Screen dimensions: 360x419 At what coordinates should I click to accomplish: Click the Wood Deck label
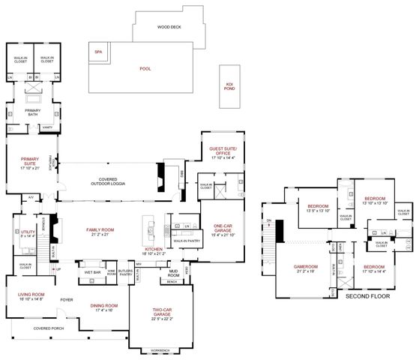pyautogui.click(x=169, y=27)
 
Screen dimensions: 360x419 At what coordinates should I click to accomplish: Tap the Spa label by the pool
pyautogui.click(x=97, y=52)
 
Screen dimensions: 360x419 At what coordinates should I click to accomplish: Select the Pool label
pyautogui.click(x=145, y=68)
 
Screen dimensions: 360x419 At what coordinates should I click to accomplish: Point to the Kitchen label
pyautogui.click(x=154, y=251)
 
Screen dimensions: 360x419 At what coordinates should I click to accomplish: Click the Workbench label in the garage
pyautogui.click(x=158, y=349)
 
